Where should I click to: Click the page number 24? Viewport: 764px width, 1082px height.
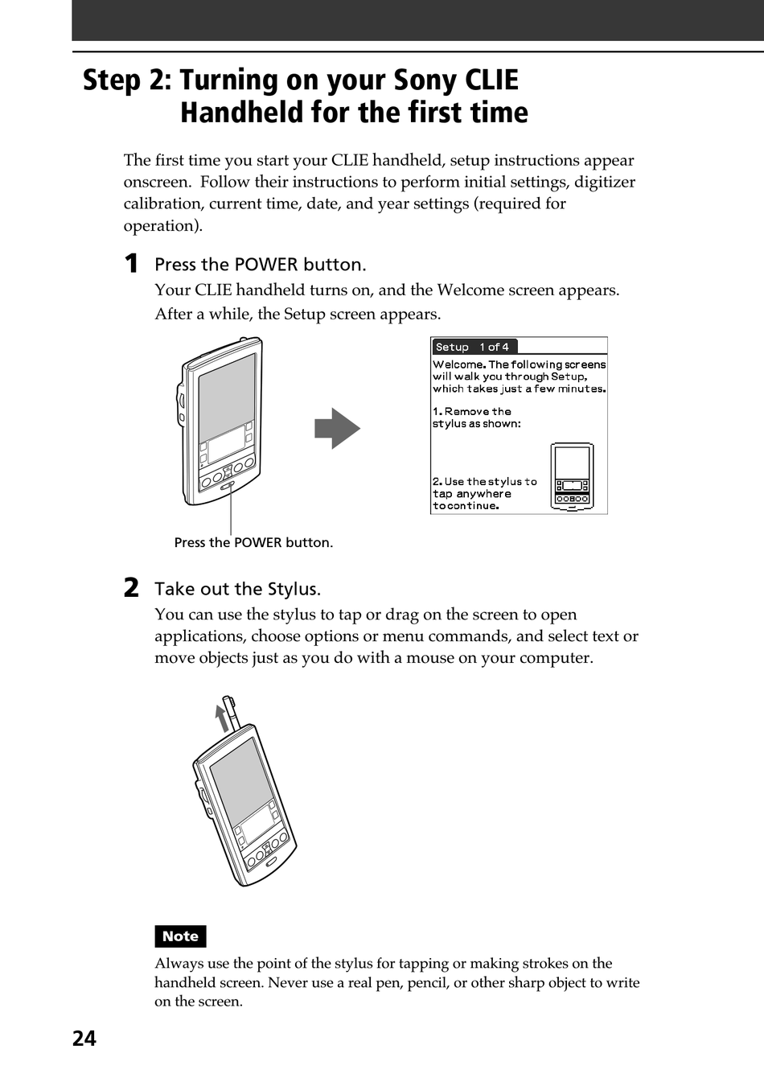84,1039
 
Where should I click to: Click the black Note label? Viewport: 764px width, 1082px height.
180,936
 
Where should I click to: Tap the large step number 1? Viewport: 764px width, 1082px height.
131,264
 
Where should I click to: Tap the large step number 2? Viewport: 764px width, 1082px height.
131,588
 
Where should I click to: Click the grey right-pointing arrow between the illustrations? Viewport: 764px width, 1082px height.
337,428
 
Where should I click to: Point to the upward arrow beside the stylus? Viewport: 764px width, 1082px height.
221,717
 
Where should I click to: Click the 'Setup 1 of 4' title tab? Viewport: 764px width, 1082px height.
473,347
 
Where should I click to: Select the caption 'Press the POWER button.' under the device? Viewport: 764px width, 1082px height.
253,543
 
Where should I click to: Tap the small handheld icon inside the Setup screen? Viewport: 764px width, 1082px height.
572,477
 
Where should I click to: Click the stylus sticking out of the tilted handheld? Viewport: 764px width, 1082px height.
233,713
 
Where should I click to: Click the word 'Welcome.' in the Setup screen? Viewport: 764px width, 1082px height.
459,364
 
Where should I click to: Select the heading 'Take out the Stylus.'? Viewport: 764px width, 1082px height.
237,589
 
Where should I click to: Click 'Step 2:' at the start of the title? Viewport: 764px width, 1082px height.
127,80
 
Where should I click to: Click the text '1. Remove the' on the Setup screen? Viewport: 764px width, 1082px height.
472,411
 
